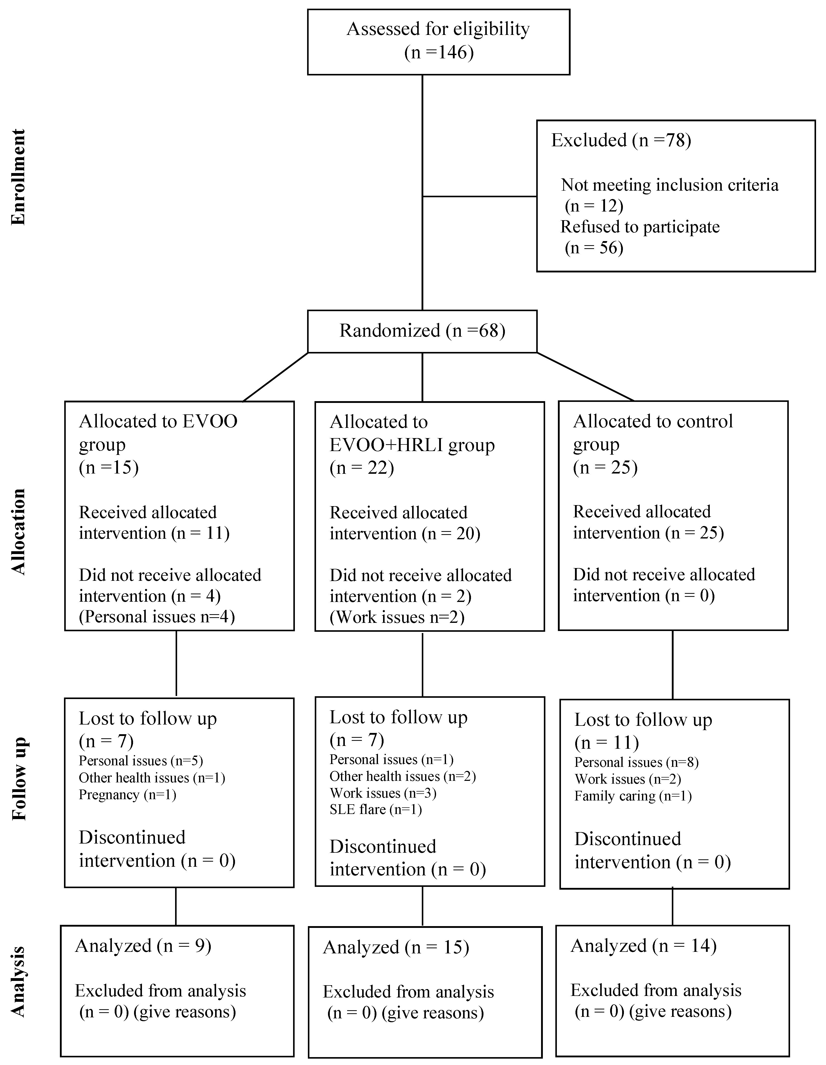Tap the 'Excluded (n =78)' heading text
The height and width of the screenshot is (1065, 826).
click(621, 140)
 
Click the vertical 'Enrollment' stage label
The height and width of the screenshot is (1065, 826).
click(18, 177)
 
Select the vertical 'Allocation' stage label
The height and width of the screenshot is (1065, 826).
click(18, 532)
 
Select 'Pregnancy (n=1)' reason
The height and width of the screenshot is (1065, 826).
click(127, 795)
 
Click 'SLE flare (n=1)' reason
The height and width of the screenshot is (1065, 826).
click(375, 809)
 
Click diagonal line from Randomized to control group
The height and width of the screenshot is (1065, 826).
click(585, 376)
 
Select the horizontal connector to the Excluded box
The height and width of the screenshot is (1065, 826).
click(479, 196)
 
